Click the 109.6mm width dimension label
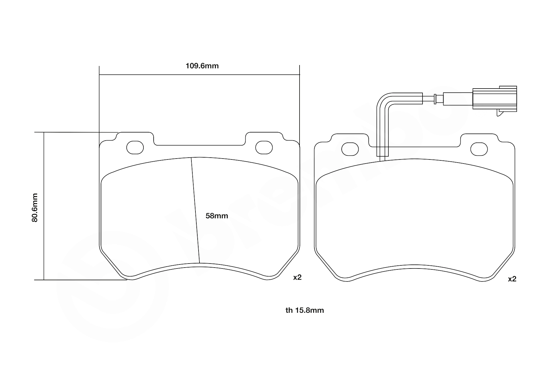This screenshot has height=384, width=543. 202,66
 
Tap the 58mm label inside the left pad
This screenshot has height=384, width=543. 217,216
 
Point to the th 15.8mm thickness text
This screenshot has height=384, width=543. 305,310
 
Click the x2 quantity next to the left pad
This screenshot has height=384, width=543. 297,277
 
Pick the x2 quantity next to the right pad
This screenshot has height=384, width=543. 512,279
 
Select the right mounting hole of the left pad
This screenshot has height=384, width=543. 264,147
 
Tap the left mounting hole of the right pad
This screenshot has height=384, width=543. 350,149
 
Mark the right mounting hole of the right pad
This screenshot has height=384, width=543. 479,149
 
